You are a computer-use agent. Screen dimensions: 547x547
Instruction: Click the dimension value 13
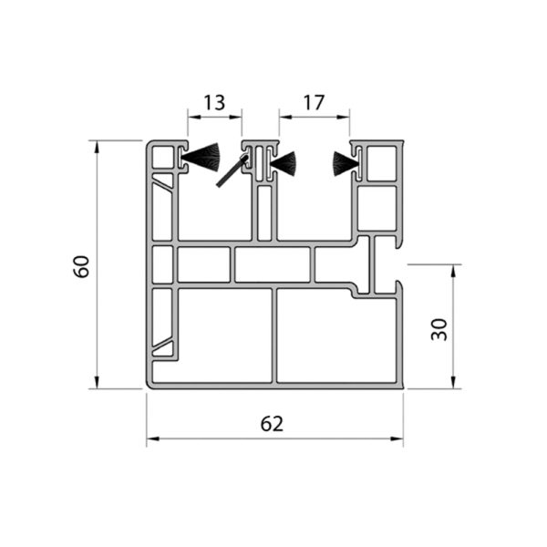214,102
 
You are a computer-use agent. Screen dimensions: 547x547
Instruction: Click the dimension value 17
314,102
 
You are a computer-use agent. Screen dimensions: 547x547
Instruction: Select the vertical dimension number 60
82,266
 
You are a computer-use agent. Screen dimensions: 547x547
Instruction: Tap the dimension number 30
439,329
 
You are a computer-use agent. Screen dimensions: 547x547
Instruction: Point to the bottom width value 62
272,424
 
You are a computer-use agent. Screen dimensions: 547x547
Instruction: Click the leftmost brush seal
201,159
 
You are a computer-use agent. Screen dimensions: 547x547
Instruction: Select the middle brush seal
284,164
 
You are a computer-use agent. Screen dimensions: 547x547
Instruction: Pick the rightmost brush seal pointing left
346,163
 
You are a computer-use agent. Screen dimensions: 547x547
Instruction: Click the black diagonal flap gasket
232,171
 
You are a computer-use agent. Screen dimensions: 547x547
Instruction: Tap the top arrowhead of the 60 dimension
98,147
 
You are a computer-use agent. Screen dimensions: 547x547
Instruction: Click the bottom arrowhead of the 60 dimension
98,382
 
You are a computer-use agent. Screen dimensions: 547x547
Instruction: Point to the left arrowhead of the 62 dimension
153,439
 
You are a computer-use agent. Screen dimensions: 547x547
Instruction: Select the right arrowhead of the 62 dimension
397,439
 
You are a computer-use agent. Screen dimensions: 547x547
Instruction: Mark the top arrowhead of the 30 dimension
453,271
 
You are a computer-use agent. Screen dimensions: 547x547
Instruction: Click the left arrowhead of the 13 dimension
194,118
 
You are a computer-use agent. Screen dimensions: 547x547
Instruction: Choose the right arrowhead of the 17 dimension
343,118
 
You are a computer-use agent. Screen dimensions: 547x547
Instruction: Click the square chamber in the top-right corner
382,163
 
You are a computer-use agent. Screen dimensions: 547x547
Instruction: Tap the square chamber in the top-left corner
163,157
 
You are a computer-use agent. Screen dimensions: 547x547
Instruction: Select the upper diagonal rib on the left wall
162,185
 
